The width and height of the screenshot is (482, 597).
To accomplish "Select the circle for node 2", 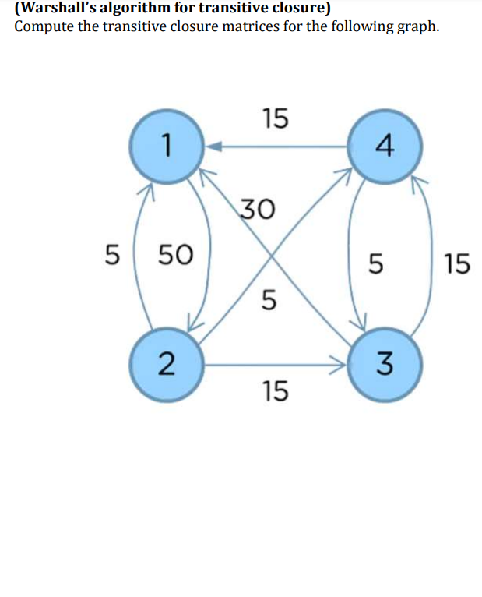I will click(164, 363).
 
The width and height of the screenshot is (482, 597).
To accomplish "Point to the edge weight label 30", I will click(256, 209).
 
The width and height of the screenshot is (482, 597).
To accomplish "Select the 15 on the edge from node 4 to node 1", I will click(275, 118).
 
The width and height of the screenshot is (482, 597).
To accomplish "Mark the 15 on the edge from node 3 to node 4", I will click(457, 265).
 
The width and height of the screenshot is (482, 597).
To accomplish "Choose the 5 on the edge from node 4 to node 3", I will click(375, 265).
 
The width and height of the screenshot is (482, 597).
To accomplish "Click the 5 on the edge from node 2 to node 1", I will click(113, 254).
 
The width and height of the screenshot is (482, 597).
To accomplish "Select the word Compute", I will click(43, 27).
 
